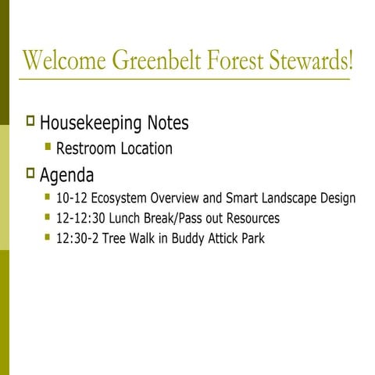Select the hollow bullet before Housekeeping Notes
[30, 122]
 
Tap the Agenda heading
[67, 173]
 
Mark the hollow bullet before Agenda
[30, 172]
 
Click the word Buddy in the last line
[181, 238]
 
